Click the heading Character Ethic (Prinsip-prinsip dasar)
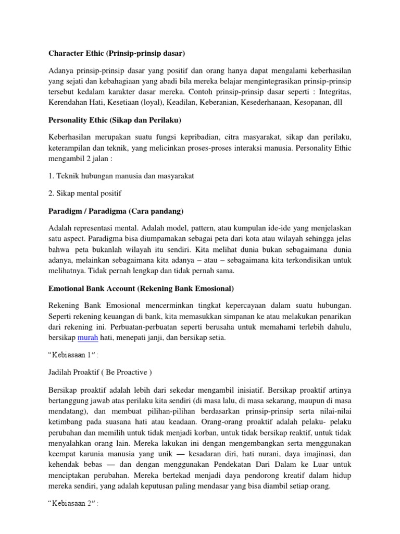pyautogui.click(x=117, y=53)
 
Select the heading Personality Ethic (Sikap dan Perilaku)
pyautogui.click(x=114, y=120)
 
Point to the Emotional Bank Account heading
pyautogui.click(x=141, y=288)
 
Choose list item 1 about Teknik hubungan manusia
pyautogui.click(x=121, y=176)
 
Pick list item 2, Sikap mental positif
pyautogui.click(x=84, y=193)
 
